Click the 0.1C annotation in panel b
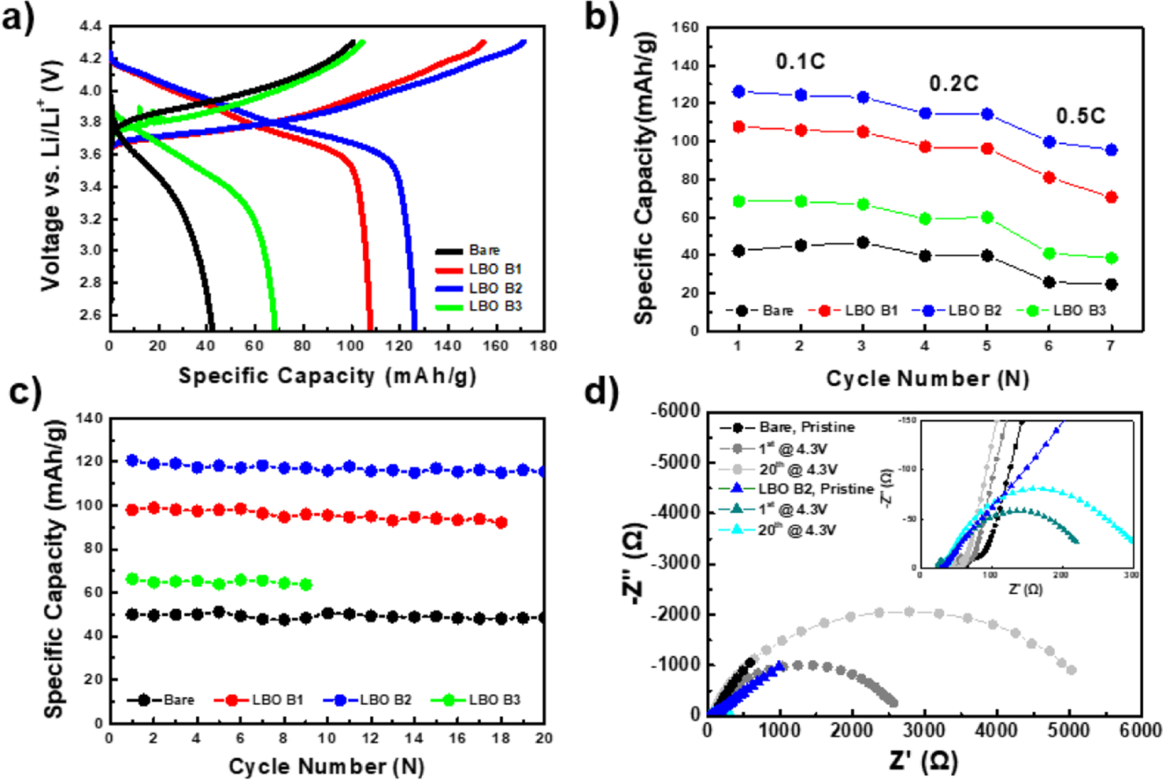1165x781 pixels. [x=800, y=61]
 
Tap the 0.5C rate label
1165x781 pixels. [x=1081, y=116]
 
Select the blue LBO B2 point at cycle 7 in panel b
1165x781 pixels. [x=1111, y=150]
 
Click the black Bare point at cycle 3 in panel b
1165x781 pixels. [x=862, y=243]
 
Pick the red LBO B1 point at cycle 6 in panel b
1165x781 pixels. [x=1049, y=177]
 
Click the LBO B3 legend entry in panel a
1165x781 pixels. [x=495, y=306]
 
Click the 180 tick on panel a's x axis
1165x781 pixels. [x=543, y=346]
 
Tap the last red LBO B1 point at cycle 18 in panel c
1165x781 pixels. [x=501, y=522]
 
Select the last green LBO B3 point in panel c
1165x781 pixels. [x=306, y=584]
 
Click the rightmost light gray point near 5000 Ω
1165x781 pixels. [x=1071, y=670]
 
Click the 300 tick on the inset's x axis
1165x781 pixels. [x=1131, y=575]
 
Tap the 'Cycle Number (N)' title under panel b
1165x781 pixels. [x=927, y=378]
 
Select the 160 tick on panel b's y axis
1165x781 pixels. [x=685, y=28]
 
